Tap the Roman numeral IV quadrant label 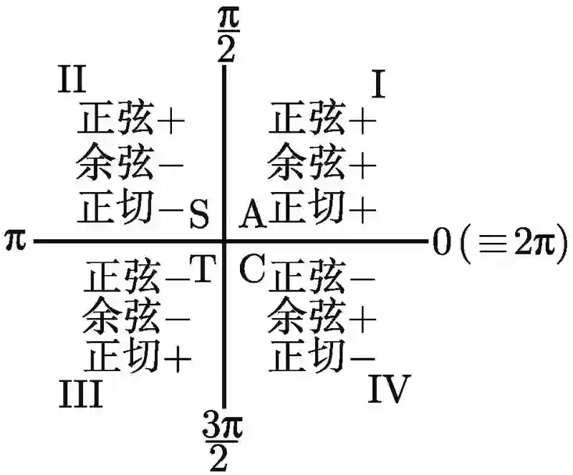389,390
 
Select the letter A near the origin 251,213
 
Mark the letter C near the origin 251,269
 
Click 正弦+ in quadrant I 322,119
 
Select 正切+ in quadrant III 138,355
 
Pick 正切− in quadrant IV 322,355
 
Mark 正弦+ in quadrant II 131,119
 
